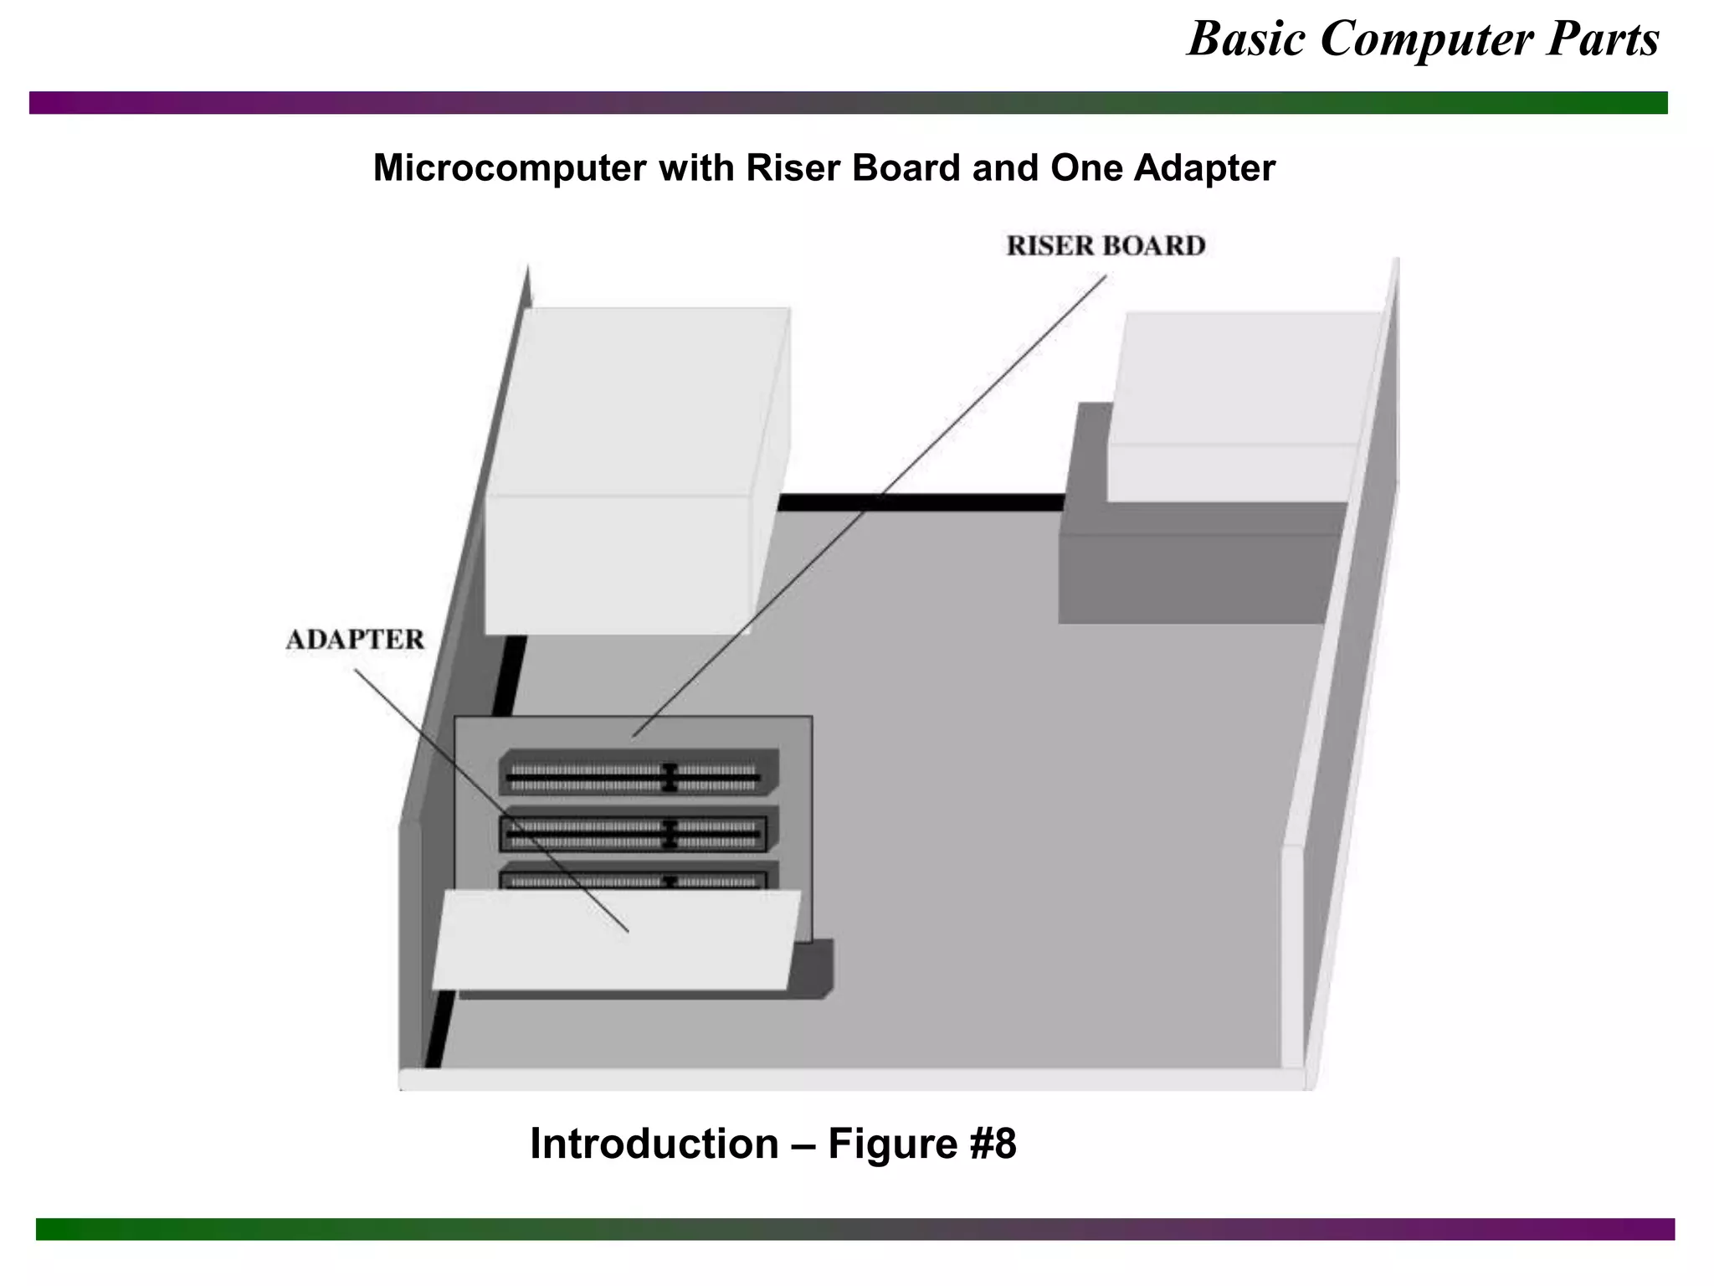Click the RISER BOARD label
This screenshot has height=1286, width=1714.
1106,245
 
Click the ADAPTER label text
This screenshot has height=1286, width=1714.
355,640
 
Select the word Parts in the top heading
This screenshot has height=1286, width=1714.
1602,39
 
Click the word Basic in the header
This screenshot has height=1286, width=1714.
1246,39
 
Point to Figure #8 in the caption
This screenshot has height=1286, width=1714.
921,1144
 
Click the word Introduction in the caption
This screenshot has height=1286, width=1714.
654,1144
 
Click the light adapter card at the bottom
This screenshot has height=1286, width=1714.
615,942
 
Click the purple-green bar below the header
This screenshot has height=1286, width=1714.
848,103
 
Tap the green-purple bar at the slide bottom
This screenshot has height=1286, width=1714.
854,1228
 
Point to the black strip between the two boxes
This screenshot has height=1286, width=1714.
921,502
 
